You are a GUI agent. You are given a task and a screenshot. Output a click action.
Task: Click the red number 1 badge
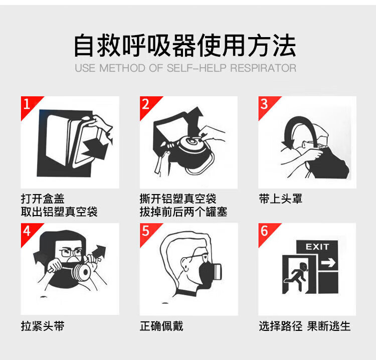coord(28,105)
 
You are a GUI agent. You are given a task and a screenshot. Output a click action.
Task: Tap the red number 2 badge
coord(147,105)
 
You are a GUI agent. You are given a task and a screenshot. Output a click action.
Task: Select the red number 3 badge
coord(266,105)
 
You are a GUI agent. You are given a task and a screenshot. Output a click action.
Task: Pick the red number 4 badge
coord(28,232)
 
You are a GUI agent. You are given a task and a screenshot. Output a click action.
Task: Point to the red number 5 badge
coord(147,232)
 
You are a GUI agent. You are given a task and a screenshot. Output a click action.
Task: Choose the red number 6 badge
coord(266,232)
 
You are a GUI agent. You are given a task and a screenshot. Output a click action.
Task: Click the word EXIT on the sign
coord(317,247)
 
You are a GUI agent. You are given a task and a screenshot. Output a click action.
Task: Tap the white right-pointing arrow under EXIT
coord(328,262)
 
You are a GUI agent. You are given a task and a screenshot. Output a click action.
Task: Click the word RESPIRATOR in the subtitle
coord(263,68)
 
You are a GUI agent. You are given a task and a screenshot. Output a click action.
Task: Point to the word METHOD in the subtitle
coord(122,68)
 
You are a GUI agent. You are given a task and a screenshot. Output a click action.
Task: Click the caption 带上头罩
coord(280,199)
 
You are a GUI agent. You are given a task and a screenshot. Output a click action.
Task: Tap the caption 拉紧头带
coord(43,326)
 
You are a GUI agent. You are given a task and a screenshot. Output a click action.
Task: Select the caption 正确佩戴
coord(161,326)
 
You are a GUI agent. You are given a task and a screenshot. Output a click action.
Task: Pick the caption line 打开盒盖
coord(43,199)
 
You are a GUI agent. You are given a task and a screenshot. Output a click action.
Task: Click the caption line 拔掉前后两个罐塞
coord(183,212)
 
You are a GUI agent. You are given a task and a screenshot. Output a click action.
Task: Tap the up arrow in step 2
coord(195,120)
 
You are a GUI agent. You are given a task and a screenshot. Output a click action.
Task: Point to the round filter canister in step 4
coord(83,272)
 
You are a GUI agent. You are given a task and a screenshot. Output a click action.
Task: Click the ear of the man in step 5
coord(184,264)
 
